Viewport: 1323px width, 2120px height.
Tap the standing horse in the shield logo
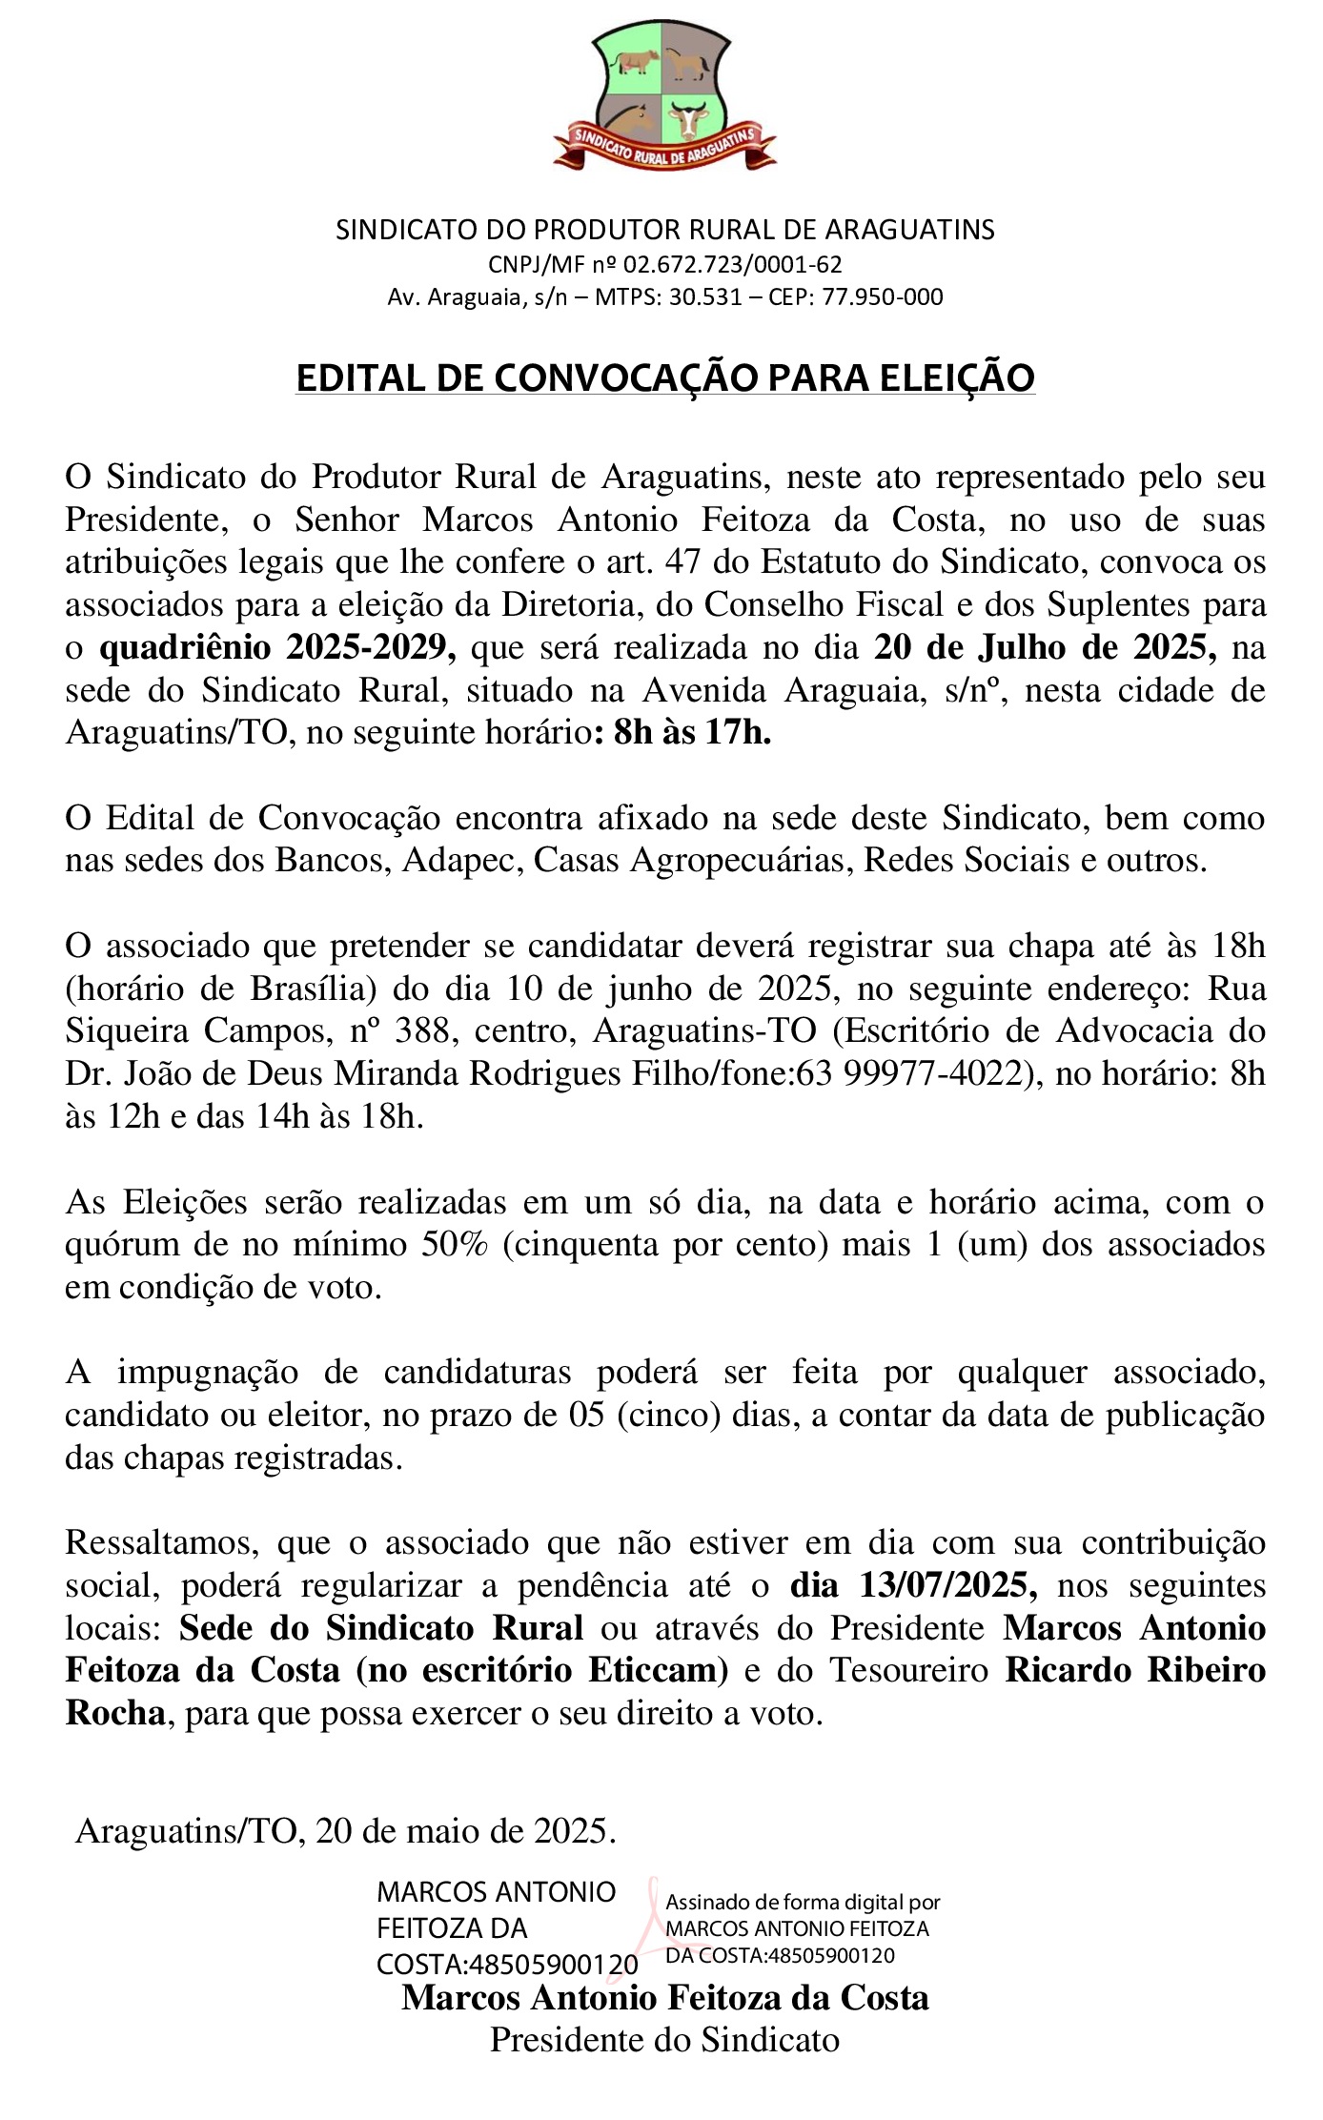tap(691, 64)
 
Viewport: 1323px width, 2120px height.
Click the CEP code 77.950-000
tap(883, 296)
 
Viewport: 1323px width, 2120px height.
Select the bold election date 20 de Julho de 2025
tap(1045, 648)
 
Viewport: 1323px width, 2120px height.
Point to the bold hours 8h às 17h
tap(693, 733)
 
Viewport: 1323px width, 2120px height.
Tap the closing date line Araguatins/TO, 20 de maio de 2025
tap(345, 1831)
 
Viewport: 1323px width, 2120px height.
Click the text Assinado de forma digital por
tap(803, 1903)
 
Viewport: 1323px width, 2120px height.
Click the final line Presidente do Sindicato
tap(664, 2040)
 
